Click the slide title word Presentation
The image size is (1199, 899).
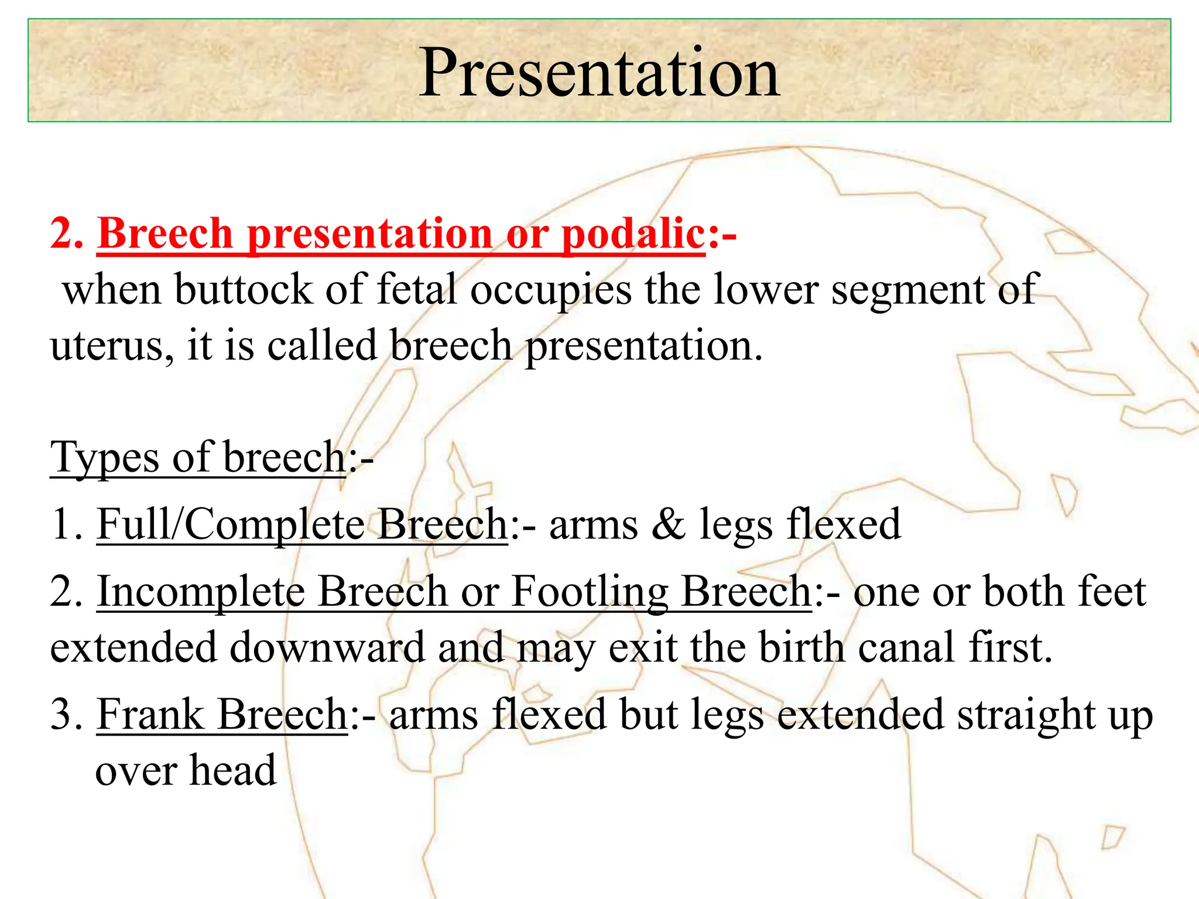[599, 73]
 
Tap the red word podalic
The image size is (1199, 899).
[633, 234]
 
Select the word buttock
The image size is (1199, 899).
[244, 289]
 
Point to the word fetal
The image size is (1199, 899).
[416, 289]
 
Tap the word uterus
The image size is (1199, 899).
[111, 345]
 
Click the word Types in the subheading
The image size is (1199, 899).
[104, 458]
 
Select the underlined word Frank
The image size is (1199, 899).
[150, 715]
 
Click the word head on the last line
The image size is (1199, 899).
[232, 770]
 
